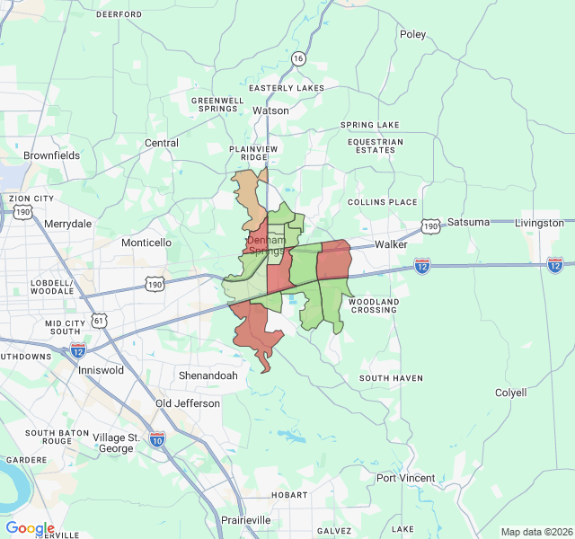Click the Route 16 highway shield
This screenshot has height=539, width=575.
298,58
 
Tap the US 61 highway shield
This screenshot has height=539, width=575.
98,320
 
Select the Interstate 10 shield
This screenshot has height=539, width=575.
157,438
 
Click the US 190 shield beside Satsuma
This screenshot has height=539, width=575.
432,226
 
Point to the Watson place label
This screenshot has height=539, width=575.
270,110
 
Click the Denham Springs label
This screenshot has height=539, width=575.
267,246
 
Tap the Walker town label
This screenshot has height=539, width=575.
392,244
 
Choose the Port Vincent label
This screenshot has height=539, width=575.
405,478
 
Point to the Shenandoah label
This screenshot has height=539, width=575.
208,376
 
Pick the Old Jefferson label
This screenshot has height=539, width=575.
188,403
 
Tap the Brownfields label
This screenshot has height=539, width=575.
51,155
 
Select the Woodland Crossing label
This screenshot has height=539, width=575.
373,305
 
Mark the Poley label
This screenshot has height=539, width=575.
412,34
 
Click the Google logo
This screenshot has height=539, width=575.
30,528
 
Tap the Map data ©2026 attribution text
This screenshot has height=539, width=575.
535,532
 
